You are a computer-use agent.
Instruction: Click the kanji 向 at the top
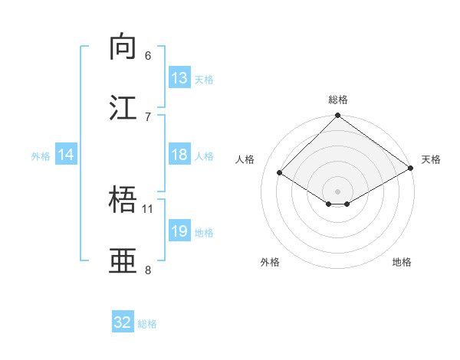(x=124, y=47)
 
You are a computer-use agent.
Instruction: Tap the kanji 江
(x=124, y=107)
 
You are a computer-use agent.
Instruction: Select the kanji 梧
(x=124, y=200)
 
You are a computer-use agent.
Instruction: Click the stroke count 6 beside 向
(x=148, y=56)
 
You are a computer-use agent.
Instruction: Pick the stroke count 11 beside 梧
(x=148, y=208)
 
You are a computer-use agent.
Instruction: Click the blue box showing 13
(x=179, y=78)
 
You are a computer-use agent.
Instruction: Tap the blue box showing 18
(x=179, y=155)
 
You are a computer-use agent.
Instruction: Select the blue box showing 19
(x=179, y=231)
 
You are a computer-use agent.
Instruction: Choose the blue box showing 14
(x=66, y=155)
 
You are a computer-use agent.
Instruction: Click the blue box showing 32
(x=123, y=322)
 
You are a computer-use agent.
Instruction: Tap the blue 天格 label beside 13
(x=204, y=79)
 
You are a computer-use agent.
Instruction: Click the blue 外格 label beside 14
(x=41, y=156)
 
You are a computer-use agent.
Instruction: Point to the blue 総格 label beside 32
(x=148, y=323)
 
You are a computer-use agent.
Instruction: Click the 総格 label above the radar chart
(x=338, y=100)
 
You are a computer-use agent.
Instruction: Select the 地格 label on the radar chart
(x=402, y=262)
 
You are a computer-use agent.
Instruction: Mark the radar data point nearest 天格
(x=411, y=169)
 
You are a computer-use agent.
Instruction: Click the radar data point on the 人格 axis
(x=280, y=173)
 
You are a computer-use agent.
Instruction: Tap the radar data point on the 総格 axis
(x=338, y=116)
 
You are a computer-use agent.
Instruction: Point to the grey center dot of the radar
(x=338, y=191)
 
